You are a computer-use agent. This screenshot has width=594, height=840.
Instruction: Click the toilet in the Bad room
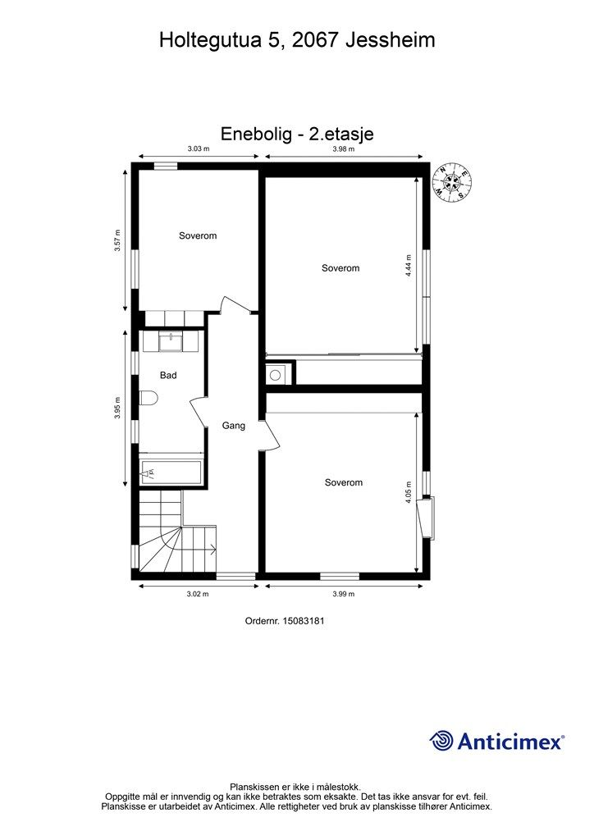pyautogui.click(x=148, y=399)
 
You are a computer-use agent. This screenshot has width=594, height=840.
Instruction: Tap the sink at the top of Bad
pyautogui.click(x=171, y=341)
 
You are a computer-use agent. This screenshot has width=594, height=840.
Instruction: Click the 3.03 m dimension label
pyautogui.click(x=199, y=149)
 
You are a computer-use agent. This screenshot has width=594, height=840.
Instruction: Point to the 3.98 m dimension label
pyautogui.click(x=343, y=149)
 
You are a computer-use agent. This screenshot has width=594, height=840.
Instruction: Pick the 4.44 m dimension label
pyautogui.click(x=408, y=265)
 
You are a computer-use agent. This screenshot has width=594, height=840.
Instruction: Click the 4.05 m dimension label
pyautogui.click(x=408, y=492)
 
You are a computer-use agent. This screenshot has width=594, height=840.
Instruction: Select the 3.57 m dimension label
pyautogui.click(x=117, y=240)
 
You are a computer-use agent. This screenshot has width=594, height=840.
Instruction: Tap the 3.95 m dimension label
pyautogui.click(x=117, y=409)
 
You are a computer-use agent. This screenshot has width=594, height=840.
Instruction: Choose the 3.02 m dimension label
pyautogui.click(x=198, y=594)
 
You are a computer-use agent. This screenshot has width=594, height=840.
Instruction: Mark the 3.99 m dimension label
pyautogui.click(x=343, y=594)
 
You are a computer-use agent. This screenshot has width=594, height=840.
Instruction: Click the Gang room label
pyautogui.click(x=234, y=426)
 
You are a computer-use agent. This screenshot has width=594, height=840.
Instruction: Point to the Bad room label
pyautogui.click(x=168, y=376)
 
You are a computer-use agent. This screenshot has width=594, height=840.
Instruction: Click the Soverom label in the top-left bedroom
pyautogui.click(x=198, y=235)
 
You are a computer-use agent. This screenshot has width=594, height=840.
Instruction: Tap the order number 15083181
pyautogui.click(x=304, y=622)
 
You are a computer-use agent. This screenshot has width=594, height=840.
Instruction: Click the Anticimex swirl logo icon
pyautogui.click(x=441, y=741)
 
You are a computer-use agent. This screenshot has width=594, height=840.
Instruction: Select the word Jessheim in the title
pyautogui.click(x=390, y=40)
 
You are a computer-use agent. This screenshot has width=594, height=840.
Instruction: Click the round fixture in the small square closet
pyautogui.click(x=275, y=374)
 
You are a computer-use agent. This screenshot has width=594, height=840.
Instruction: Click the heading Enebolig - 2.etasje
pyautogui.click(x=297, y=134)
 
